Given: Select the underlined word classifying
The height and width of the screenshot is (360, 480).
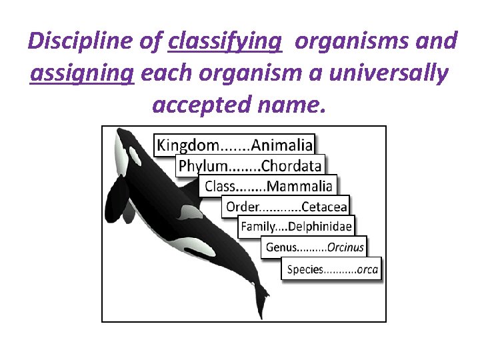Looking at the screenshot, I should (x=225, y=42).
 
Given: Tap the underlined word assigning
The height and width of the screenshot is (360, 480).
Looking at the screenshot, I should (x=82, y=73).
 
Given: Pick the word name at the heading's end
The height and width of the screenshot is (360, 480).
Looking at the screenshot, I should (x=296, y=105).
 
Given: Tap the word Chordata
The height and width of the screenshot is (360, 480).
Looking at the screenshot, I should (x=291, y=166).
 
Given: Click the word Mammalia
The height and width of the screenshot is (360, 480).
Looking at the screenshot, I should (x=299, y=187).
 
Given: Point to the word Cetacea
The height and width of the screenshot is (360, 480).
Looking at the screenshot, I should (x=324, y=207).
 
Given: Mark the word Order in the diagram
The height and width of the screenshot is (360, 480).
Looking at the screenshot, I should (x=241, y=207).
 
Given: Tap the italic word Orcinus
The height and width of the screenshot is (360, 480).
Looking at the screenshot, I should (x=345, y=247).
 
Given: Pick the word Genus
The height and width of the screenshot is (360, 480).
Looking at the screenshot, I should (x=281, y=247).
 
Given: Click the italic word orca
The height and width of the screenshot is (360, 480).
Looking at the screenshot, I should (x=367, y=270).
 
